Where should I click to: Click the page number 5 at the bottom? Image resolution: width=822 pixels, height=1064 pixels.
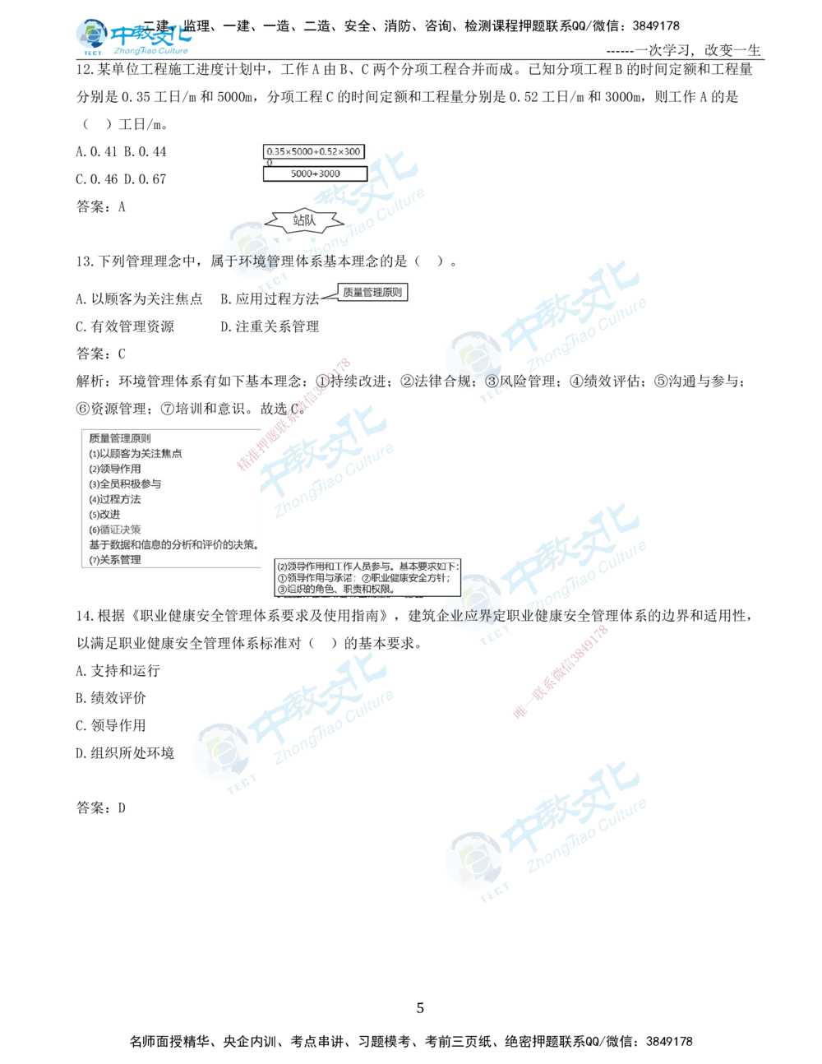click(x=420, y=1008)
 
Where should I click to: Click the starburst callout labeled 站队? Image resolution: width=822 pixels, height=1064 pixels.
click(x=304, y=220)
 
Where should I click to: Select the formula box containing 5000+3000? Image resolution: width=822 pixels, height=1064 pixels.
click(x=315, y=173)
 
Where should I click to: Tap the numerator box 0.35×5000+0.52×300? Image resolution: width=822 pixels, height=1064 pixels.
click(x=314, y=152)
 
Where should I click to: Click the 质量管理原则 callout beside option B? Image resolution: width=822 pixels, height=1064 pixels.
click(x=372, y=293)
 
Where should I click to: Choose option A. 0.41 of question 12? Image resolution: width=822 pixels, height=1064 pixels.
click(x=96, y=152)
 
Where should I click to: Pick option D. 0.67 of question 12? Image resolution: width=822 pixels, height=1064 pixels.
click(x=145, y=179)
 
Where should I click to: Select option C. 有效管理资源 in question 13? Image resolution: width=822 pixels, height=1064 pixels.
click(x=125, y=326)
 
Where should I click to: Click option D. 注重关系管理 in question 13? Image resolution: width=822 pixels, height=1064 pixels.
click(x=270, y=326)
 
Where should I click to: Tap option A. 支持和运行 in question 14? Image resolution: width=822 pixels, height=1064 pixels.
click(x=118, y=670)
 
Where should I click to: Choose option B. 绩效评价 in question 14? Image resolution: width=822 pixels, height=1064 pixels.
click(x=111, y=698)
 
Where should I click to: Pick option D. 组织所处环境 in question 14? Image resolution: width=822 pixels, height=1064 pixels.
click(x=125, y=752)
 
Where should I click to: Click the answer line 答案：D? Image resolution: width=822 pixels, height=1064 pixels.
click(x=101, y=807)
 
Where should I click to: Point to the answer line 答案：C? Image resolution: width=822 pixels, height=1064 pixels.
click(x=101, y=354)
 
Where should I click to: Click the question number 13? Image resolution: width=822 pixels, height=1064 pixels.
click(x=85, y=261)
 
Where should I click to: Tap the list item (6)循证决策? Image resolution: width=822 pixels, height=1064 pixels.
click(x=115, y=530)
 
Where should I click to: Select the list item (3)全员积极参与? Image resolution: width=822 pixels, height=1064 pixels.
click(x=125, y=483)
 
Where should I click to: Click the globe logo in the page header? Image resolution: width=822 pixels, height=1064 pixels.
click(x=91, y=35)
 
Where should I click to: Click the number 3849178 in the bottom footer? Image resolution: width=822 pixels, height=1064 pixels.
click(x=669, y=1042)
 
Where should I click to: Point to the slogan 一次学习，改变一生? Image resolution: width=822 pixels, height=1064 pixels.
click(x=698, y=50)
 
